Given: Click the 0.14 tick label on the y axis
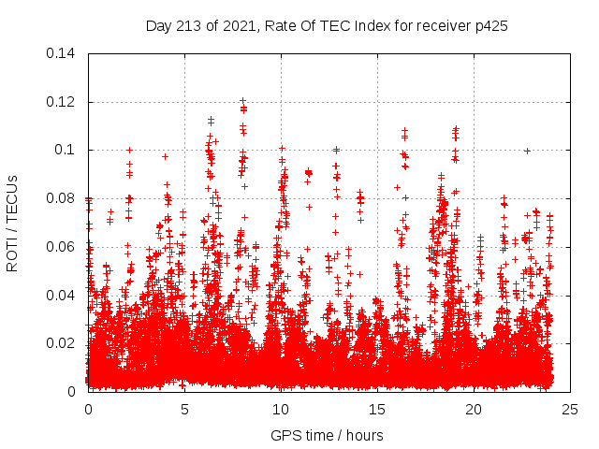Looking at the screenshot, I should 62,53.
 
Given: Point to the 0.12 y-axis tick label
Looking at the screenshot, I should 62,102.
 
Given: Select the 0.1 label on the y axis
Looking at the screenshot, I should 67,150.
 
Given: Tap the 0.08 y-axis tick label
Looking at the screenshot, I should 62,198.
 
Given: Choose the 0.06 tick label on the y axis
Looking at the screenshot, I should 62,247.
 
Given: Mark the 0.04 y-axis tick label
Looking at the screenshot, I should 62,296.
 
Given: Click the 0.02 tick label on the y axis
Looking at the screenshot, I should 62,343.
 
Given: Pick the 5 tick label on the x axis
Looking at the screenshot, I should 184,410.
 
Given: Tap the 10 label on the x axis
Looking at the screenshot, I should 281,410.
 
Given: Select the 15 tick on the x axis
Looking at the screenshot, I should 377,410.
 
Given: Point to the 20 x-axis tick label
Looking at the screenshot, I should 474,410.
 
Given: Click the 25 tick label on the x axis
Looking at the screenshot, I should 570,410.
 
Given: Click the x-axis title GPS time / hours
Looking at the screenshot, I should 329,435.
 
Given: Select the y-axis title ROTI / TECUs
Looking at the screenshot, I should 13,223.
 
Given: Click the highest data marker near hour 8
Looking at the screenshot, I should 243,100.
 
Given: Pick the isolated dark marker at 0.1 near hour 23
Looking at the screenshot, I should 527,150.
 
